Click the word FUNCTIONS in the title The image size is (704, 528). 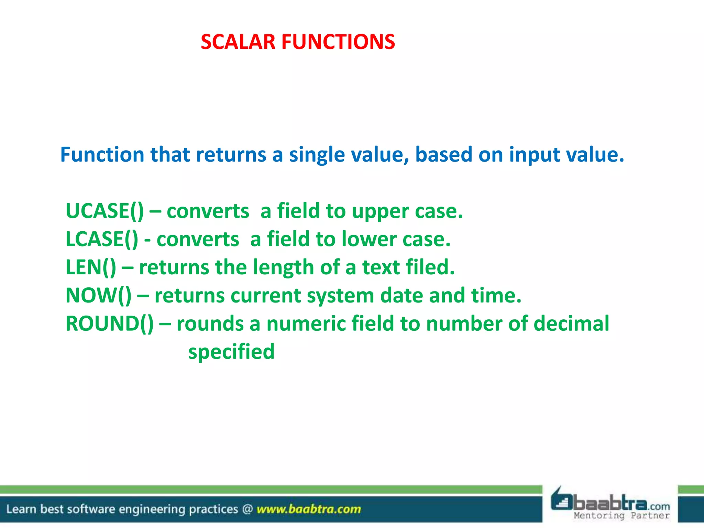338,42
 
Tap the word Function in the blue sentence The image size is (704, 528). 102,154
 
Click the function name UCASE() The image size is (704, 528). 104,211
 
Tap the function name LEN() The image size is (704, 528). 91,267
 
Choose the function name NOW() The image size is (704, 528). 98,295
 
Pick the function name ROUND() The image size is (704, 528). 110,323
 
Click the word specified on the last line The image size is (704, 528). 231,352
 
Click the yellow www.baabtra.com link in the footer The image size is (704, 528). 309,509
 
